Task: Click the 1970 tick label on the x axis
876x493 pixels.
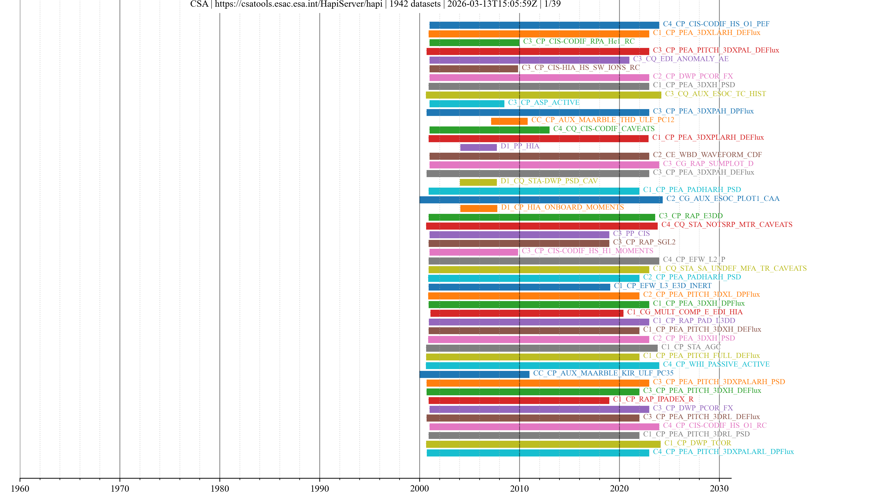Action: (x=120, y=488)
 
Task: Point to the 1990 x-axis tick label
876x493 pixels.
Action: (x=320, y=488)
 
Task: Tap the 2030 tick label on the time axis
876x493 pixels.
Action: (x=719, y=488)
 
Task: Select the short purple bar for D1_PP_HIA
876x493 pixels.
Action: (x=478, y=147)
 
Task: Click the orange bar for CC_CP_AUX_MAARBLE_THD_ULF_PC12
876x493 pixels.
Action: (x=509, y=121)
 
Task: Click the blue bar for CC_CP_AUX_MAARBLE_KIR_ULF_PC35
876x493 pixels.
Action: (x=474, y=374)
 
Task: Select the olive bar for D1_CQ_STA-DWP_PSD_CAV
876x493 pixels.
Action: (x=478, y=182)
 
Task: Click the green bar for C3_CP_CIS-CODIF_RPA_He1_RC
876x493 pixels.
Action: (x=474, y=42)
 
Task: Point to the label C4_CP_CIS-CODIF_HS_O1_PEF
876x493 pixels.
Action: (x=716, y=24)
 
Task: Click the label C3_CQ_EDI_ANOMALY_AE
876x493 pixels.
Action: (x=681, y=59)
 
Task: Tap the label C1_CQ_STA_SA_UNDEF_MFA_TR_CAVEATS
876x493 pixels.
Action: (x=730, y=268)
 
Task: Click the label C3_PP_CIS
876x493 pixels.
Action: (x=631, y=233)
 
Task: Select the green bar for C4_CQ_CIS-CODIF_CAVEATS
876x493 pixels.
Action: (x=489, y=130)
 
